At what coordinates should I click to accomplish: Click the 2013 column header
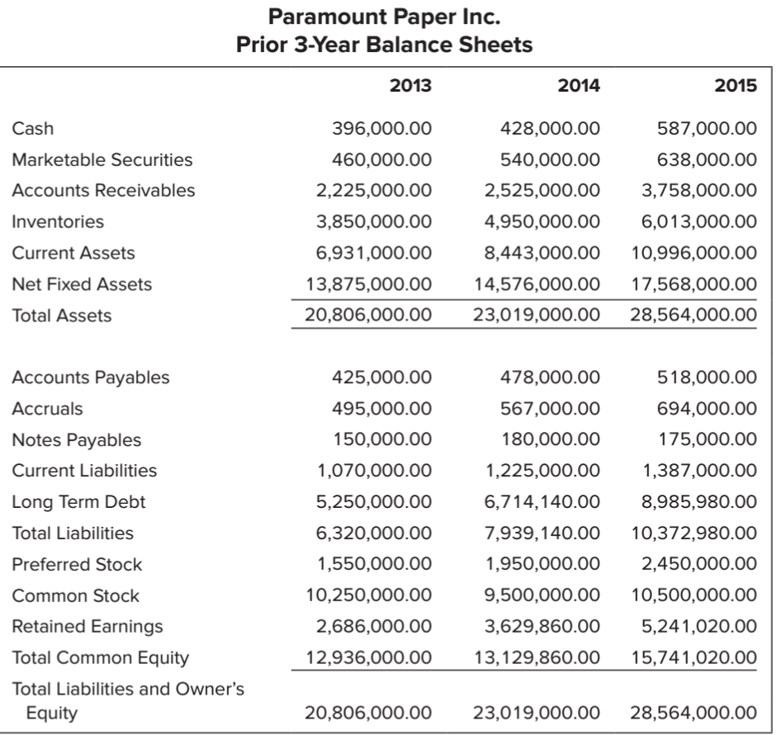pos(410,85)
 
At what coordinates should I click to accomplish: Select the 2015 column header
pos(736,85)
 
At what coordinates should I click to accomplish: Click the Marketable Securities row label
pos(102,159)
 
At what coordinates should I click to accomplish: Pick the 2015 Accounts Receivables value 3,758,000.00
pos(700,191)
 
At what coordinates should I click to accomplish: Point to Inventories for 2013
pos(374,221)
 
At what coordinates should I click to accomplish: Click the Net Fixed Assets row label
pos(82,284)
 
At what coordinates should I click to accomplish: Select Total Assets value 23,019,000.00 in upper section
pos(537,315)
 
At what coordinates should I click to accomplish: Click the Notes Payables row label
pos(76,440)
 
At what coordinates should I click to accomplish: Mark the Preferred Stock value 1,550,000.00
pos(374,565)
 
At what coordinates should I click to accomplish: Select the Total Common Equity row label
pos(100,658)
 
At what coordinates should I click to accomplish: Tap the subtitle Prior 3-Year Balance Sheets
pos(386,45)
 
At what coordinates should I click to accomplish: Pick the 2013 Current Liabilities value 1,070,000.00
pos(374,471)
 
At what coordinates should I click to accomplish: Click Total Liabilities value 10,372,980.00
pos(693,533)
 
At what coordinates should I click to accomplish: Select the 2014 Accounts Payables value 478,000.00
pos(551,377)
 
